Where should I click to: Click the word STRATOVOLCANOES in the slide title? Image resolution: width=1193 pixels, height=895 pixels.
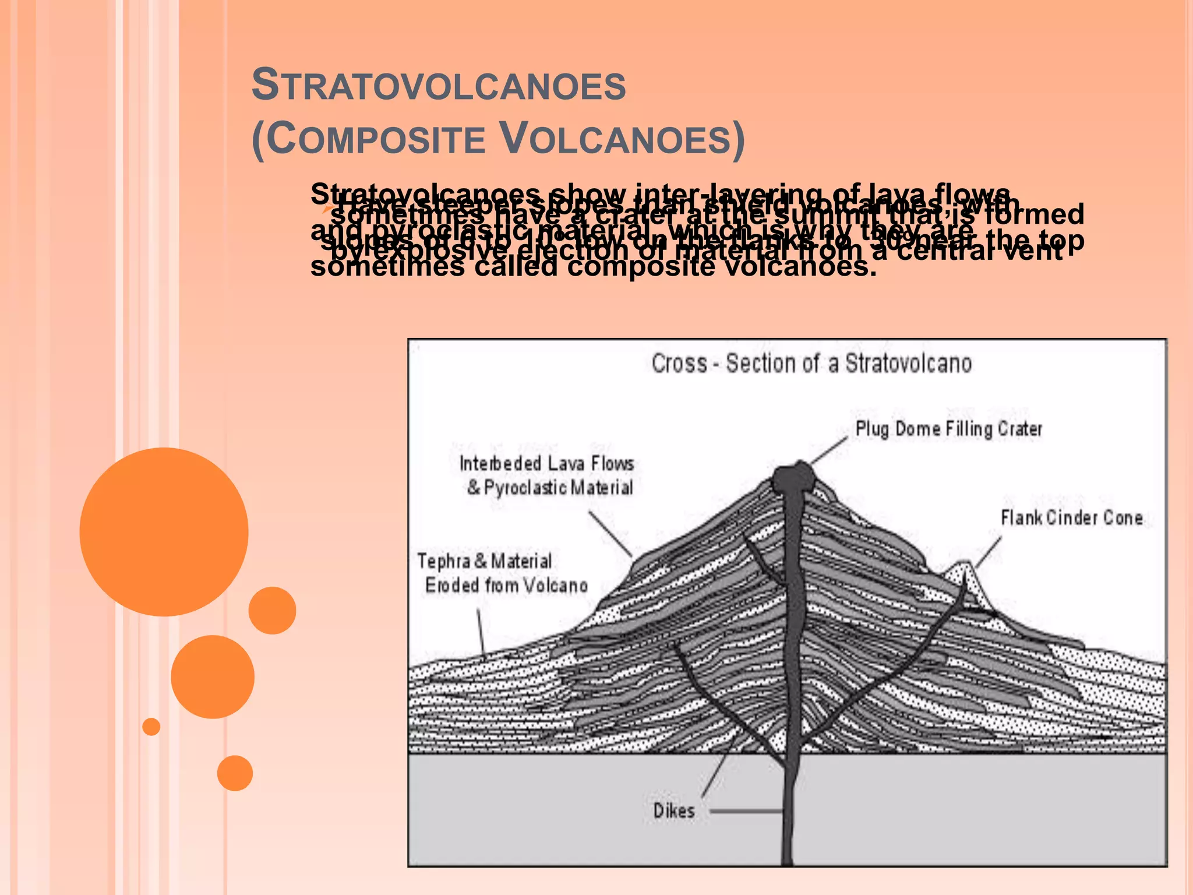coord(439,85)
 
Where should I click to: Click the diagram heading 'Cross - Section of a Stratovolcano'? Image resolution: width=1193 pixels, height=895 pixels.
coord(811,364)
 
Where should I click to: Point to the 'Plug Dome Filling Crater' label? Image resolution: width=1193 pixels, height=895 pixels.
coord(948,429)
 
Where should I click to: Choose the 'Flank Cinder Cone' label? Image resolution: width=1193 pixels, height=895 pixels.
coord(1071,517)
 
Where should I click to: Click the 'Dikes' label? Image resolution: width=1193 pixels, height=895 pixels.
coord(674,811)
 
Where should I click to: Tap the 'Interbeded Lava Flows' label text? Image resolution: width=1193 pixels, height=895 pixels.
coord(546,464)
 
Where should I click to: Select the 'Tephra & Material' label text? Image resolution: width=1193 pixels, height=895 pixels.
coord(484,561)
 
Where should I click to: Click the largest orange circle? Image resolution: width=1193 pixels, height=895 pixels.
coord(164,531)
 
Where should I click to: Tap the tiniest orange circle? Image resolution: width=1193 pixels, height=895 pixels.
coord(151,727)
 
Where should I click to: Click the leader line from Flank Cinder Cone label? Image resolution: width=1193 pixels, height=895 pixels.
coord(989,551)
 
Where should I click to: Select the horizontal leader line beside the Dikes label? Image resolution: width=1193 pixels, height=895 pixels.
coord(746,811)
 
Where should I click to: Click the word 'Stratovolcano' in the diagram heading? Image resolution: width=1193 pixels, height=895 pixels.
coord(908,364)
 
